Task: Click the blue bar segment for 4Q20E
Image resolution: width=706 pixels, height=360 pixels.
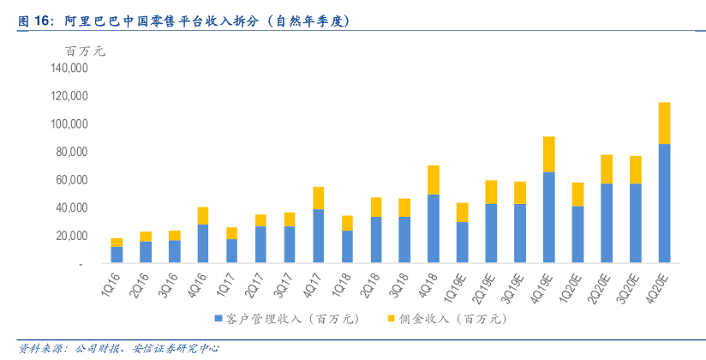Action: pyautogui.click(x=663, y=202)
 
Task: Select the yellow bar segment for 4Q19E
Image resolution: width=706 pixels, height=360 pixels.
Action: pyautogui.click(x=548, y=154)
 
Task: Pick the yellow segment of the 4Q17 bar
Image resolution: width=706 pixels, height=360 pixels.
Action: pyautogui.click(x=318, y=198)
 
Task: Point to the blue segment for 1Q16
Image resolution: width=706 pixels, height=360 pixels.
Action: pyautogui.click(x=117, y=254)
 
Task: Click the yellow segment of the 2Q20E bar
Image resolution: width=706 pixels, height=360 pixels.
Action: pyautogui.click(x=606, y=169)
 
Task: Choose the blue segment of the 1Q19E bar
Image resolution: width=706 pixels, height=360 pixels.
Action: pyautogui.click(x=462, y=242)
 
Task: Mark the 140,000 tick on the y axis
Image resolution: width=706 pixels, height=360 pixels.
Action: pyautogui.click(x=69, y=69)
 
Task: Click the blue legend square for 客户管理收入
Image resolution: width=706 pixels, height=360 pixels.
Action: pyautogui.click(x=218, y=319)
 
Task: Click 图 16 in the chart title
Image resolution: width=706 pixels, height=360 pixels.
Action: pyautogui.click(x=34, y=20)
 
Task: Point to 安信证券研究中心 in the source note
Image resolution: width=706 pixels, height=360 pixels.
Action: pyautogui.click(x=176, y=348)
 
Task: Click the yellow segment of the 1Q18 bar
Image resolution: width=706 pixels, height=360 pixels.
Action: pyautogui.click(x=347, y=223)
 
